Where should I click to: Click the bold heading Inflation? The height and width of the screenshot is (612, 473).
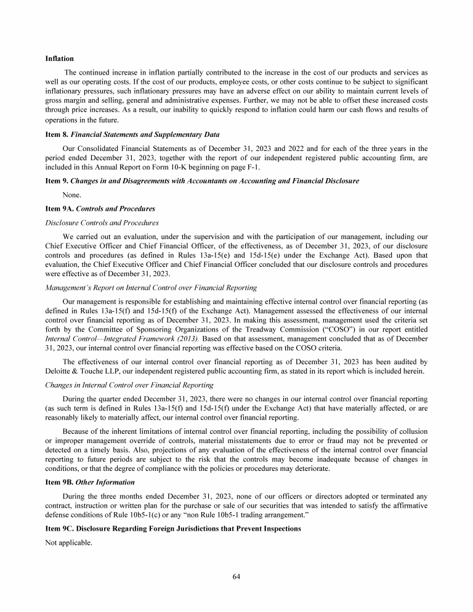60,59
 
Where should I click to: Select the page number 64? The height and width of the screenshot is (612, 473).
236,576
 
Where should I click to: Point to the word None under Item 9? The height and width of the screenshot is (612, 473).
71,195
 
